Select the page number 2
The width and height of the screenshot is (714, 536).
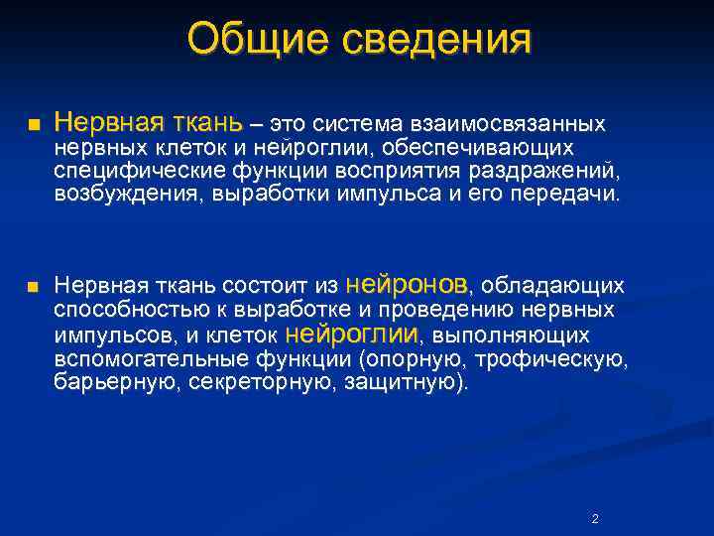[594, 519]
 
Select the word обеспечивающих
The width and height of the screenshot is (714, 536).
[506, 149]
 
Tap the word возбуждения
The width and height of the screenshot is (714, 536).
[117, 194]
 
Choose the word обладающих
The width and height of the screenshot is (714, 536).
[553, 287]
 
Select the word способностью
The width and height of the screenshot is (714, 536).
[117, 311]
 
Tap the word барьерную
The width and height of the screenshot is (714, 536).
[102, 382]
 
